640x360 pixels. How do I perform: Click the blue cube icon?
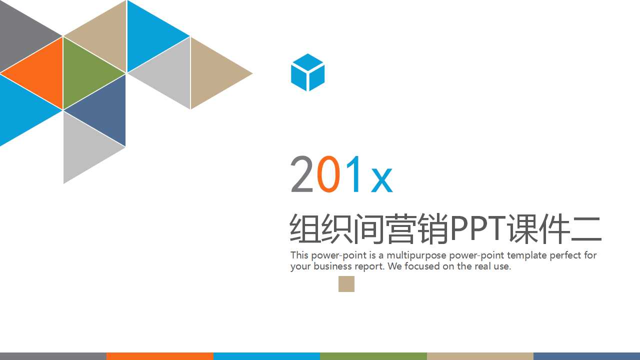(307, 72)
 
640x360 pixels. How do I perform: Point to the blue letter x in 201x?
(381, 180)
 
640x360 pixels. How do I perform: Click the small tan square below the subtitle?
(346, 284)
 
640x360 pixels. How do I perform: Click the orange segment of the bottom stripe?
(159, 356)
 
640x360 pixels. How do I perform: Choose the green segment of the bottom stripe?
(373, 356)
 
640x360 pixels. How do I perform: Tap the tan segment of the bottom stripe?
(480, 356)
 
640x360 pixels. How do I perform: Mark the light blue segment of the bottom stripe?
(266, 356)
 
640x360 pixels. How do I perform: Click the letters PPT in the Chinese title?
(478, 229)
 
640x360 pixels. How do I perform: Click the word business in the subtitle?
(332, 266)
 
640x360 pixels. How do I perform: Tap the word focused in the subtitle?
(422, 266)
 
